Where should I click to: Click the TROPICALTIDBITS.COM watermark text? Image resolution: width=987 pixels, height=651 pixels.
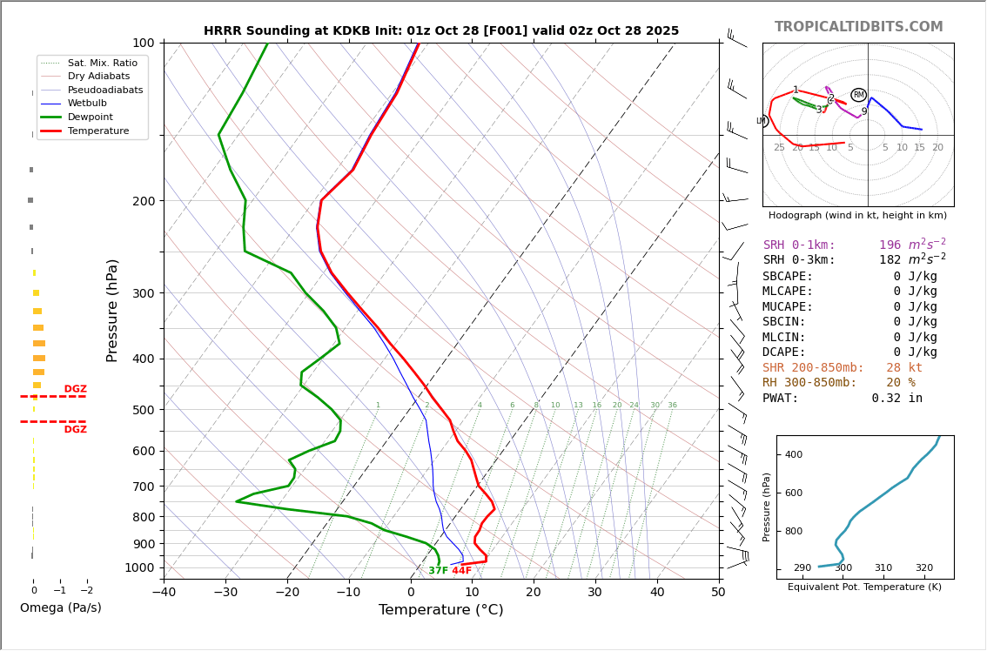(858, 27)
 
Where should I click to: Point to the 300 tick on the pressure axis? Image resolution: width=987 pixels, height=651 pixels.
(144, 293)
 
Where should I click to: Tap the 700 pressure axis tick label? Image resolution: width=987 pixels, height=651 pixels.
(144, 487)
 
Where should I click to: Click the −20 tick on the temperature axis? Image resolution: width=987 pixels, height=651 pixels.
(287, 593)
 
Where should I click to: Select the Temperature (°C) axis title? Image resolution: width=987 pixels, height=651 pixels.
(440, 611)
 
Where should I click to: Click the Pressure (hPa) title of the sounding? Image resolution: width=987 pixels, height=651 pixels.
(112, 310)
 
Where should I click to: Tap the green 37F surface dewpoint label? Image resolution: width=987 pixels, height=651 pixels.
(438, 571)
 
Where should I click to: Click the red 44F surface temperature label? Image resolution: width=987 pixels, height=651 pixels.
(461, 571)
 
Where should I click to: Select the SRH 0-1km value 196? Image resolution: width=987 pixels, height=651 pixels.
(890, 245)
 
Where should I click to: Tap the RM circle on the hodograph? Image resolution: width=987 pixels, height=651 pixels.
(858, 95)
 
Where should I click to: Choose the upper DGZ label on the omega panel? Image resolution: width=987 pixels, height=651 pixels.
(75, 389)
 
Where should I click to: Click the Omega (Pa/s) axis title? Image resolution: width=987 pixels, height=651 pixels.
(61, 607)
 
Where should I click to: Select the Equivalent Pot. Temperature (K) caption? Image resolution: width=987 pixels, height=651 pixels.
(864, 587)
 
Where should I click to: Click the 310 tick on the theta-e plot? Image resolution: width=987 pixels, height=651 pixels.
(883, 567)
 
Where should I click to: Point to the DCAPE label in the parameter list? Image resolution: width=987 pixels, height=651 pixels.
(788, 352)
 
